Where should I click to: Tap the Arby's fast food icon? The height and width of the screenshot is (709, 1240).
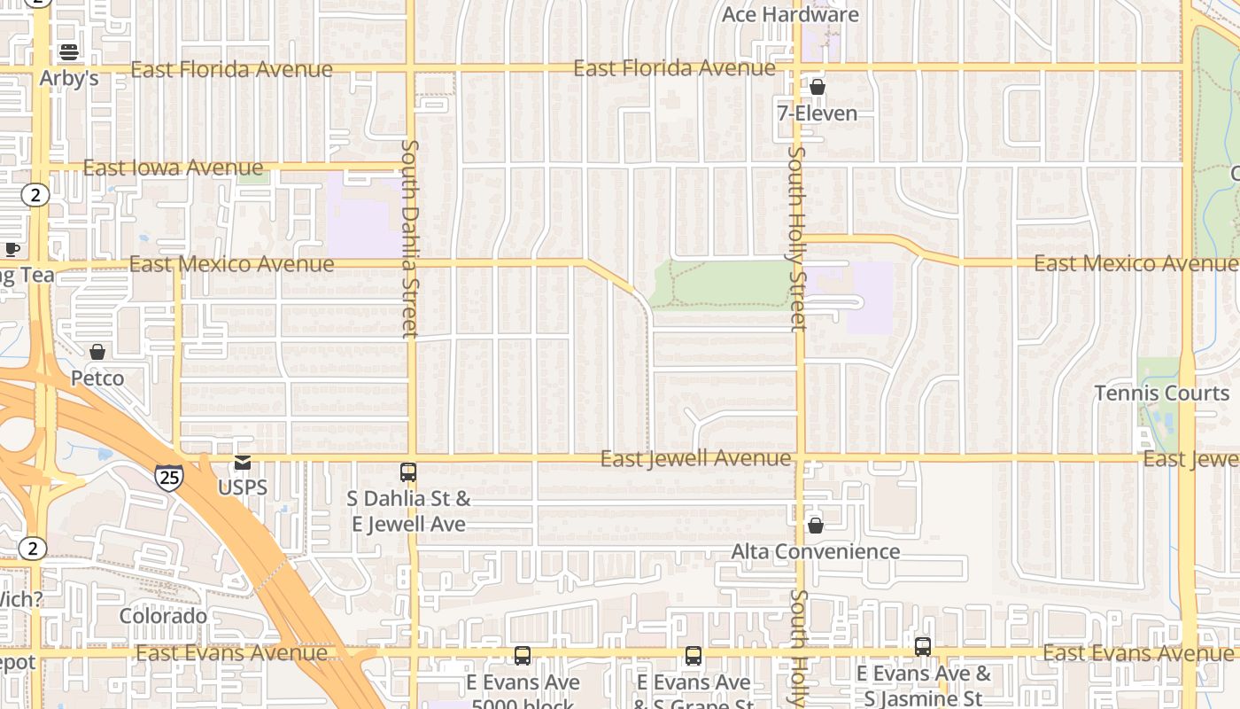[69, 52]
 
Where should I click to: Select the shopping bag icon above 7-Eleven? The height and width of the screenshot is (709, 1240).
[817, 88]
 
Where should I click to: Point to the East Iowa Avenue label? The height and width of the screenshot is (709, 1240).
[173, 168]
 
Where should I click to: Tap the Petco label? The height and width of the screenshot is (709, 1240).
[97, 378]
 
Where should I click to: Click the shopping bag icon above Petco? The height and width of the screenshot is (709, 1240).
[97, 353]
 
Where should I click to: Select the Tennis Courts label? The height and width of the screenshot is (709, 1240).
[1161, 393]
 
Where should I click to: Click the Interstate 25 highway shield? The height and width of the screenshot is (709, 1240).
[168, 477]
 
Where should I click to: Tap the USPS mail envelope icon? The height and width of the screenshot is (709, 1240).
[242, 463]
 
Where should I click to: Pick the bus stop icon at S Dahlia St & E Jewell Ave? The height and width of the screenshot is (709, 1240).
[408, 472]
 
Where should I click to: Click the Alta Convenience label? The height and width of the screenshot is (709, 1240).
[815, 551]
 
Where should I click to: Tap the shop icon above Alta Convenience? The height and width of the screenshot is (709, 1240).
[816, 526]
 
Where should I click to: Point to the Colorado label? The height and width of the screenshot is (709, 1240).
[163, 616]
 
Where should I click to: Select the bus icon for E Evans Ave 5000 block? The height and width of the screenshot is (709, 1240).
[523, 656]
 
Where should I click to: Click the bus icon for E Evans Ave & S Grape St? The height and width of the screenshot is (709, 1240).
[693, 656]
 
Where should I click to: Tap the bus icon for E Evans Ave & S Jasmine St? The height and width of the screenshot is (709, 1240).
[923, 647]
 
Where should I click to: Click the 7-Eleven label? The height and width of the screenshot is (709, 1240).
[817, 113]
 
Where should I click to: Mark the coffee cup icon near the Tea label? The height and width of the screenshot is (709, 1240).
[12, 250]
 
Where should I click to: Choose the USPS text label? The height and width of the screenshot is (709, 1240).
[242, 487]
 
